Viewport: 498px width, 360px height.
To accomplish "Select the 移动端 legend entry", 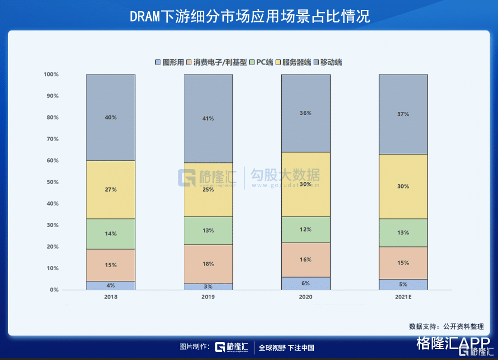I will [x=328, y=62].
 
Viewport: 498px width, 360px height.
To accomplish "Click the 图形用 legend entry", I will [x=168, y=62].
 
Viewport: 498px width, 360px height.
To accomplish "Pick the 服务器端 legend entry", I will [x=293, y=62].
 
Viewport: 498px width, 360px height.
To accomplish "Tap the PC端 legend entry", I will [x=261, y=62].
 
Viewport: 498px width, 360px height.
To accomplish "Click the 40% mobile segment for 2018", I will [x=110, y=117].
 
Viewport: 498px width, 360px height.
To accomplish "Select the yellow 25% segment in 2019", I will [x=208, y=189].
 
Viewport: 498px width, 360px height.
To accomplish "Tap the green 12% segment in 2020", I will [x=306, y=229].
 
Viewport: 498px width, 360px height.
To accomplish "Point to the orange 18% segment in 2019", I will [x=208, y=263].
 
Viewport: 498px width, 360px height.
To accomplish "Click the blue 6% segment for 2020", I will [x=306, y=283].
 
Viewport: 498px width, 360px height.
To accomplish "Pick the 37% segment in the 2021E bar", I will [x=403, y=114].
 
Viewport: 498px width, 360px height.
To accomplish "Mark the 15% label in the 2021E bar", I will [x=403, y=262].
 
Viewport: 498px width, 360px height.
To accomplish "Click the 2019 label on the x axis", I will [x=208, y=297].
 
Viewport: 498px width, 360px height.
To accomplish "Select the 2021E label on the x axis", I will [x=403, y=297].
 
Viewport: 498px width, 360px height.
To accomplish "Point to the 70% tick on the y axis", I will [x=52, y=139].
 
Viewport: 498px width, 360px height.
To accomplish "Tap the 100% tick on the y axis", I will [x=51, y=74].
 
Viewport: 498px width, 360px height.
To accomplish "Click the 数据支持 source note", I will [x=446, y=326].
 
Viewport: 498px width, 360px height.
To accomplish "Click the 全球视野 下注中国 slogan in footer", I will [x=286, y=348].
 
